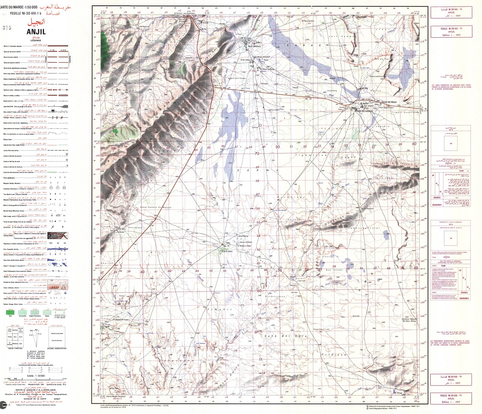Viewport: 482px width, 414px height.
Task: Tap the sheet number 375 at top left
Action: point(7,28)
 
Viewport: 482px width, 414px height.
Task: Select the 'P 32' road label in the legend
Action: point(52,50)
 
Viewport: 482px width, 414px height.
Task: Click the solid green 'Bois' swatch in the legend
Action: point(10,312)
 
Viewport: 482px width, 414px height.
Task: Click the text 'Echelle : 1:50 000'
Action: point(36,376)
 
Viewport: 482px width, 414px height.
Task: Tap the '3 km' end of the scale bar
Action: point(64,379)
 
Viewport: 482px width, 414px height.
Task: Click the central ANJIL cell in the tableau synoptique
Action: point(15,337)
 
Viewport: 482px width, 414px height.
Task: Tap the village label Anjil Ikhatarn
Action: point(255,46)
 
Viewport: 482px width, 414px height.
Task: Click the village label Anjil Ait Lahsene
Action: point(365,111)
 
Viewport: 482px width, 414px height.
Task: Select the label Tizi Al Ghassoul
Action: point(367,209)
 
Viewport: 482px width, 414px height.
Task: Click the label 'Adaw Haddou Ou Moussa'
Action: point(156,207)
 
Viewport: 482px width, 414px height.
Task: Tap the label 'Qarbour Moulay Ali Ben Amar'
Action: point(409,320)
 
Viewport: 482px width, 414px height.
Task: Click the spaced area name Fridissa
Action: point(334,355)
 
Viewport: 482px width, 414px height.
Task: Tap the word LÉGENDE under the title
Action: point(36,40)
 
